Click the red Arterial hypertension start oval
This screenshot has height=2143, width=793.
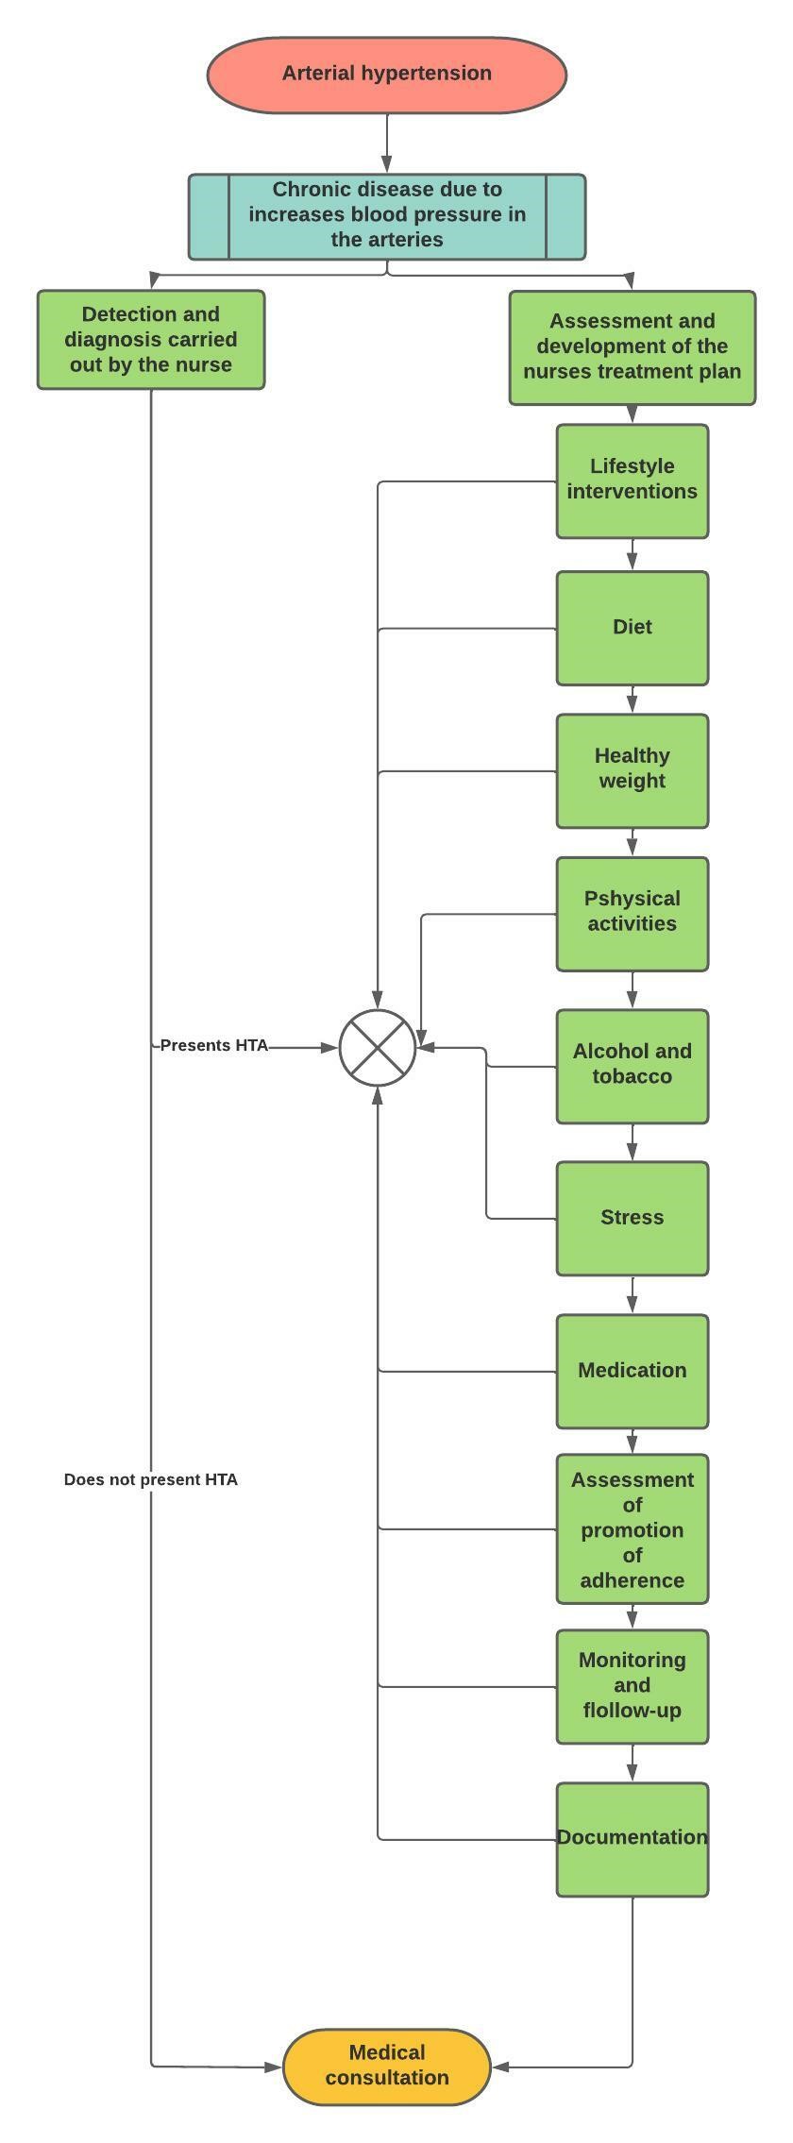pos(386,75)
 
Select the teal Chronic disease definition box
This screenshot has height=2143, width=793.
pos(386,216)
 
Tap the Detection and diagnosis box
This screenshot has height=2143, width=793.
pos(151,340)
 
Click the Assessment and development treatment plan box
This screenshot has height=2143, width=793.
pos(632,347)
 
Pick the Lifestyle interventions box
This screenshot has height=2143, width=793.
pos(632,481)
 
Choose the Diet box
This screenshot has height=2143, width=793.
pos(632,628)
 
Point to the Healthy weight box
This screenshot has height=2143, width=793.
pos(632,770)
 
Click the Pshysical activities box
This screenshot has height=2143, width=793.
pos(632,913)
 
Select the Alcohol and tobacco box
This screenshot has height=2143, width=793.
pos(632,1066)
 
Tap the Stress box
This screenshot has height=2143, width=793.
pos(632,1218)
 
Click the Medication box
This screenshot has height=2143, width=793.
pos(632,1371)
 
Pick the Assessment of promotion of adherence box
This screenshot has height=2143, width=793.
pos(632,1528)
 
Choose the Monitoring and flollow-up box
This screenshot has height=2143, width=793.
pos(632,1686)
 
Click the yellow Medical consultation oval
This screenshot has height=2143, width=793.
pos(386,2067)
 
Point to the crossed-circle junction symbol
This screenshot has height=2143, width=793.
pos(378,1047)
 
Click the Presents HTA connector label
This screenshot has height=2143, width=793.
pos(214,1046)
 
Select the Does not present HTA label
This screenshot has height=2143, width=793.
pos(151,1479)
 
